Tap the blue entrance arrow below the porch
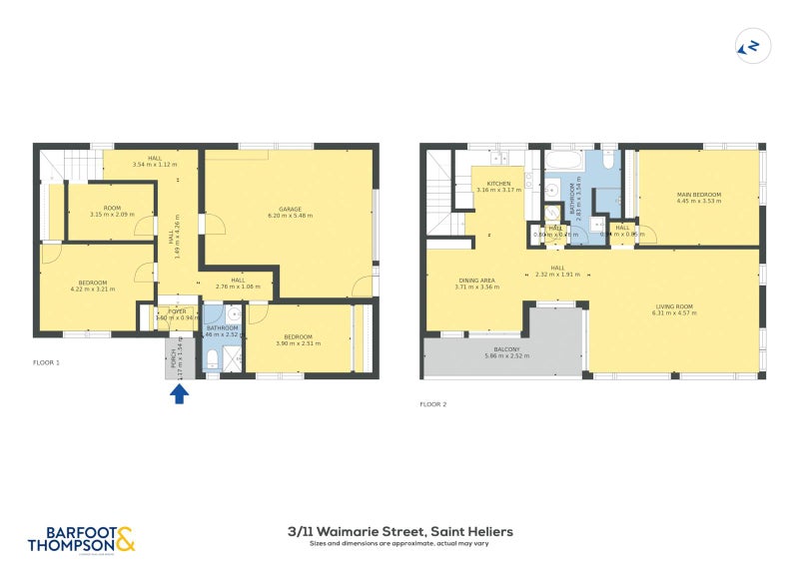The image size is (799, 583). [180, 393]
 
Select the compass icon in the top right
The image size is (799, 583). [747, 45]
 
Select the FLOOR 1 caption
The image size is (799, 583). [47, 362]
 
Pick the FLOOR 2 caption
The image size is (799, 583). [433, 404]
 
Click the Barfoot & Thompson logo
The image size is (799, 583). [80, 539]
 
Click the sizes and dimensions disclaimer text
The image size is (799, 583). [399, 544]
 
